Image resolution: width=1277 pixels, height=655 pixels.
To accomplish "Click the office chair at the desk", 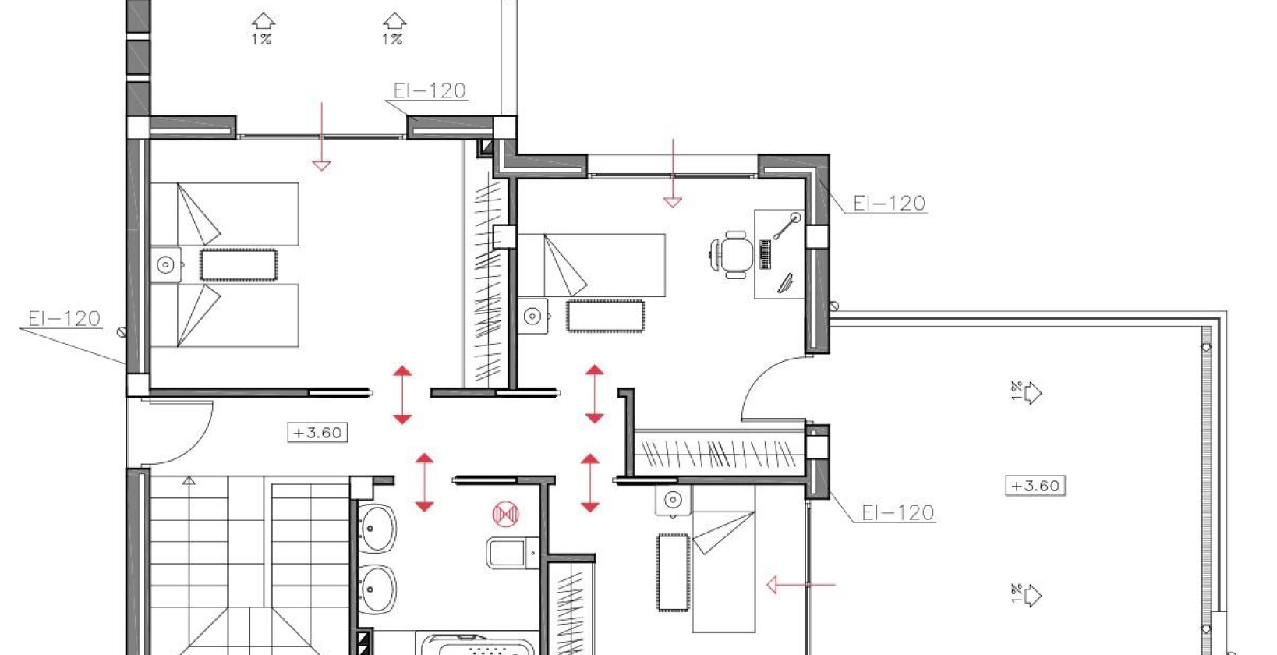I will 734,253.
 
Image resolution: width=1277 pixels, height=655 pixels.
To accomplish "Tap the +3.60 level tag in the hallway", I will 317,433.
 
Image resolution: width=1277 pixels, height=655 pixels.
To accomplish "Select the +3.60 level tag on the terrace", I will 1035,486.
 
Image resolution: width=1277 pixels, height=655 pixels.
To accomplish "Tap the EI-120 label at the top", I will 430,90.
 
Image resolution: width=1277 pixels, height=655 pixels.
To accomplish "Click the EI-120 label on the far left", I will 64,318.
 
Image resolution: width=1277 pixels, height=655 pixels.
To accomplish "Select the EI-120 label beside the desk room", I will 889,204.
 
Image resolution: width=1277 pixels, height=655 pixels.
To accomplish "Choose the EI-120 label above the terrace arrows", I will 897,512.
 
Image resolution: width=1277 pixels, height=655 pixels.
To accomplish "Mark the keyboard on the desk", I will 765,254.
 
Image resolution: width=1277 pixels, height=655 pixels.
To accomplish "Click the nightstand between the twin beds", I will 166,265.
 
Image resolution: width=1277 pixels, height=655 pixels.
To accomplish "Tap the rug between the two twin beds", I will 238,265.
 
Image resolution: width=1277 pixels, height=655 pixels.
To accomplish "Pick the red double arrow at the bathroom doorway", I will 424,483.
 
